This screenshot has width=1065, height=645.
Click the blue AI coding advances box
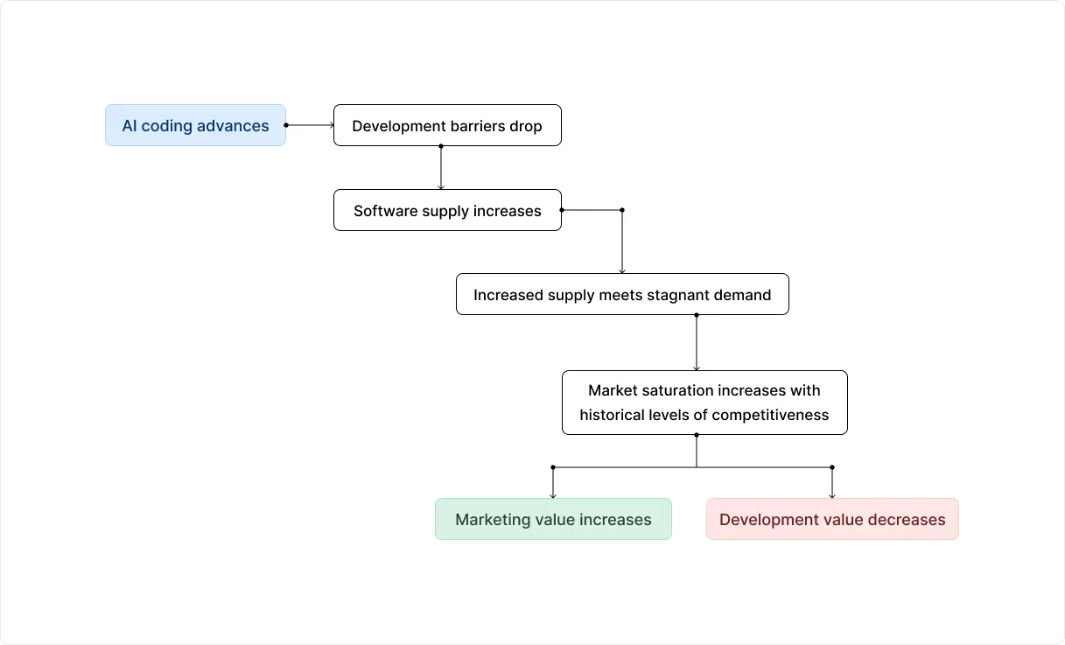195,125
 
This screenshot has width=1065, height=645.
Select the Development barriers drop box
446,125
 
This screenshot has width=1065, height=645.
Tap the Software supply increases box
446,210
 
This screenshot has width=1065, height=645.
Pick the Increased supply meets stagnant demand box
621,294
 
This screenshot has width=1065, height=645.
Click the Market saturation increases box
704,403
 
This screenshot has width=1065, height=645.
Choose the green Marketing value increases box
553,519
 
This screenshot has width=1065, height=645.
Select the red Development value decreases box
831,519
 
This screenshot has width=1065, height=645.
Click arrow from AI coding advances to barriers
310,125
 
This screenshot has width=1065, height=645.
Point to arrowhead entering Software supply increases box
440,186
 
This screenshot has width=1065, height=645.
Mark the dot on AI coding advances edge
286,125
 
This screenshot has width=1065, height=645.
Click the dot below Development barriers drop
440,146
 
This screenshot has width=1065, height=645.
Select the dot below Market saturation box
697,435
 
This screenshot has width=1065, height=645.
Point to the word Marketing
491,520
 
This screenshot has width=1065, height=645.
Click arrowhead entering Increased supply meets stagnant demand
622,270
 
